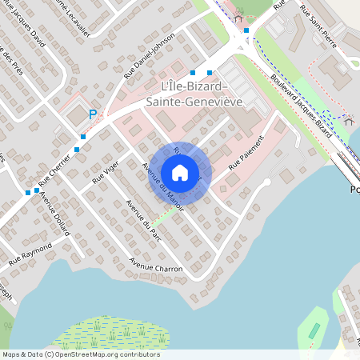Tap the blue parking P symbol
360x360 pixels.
[93, 115]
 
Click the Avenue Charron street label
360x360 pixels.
[156, 266]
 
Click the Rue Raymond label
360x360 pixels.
[30, 255]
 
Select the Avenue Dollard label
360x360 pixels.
[55, 215]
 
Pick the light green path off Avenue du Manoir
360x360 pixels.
[163, 215]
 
